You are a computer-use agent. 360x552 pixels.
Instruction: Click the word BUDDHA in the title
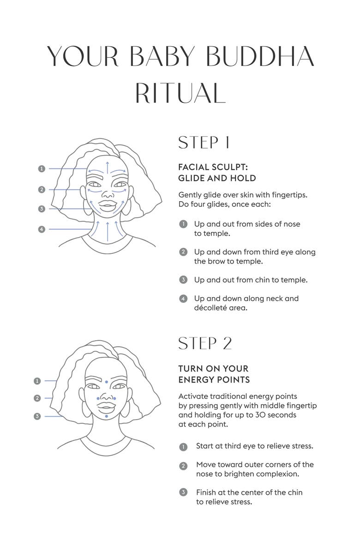(x=260, y=56)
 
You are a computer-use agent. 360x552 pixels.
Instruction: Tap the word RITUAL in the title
(x=180, y=93)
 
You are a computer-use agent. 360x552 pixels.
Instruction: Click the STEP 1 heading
(x=204, y=143)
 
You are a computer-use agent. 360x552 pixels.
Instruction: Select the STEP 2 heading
(x=205, y=343)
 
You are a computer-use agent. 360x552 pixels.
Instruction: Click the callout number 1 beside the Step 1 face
(x=42, y=168)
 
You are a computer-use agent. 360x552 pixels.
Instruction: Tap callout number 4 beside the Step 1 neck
(x=42, y=229)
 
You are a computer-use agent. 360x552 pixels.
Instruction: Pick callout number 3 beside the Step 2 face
(x=37, y=416)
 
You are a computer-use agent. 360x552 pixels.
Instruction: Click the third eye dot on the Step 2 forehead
(x=107, y=382)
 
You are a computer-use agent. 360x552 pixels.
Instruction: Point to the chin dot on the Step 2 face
(x=107, y=416)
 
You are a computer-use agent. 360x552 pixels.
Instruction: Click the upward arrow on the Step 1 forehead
(x=108, y=168)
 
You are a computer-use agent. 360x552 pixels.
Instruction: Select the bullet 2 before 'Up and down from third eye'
(x=183, y=252)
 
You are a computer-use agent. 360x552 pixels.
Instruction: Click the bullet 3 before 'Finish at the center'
(x=183, y=492)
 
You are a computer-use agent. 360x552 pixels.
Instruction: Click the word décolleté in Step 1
(x=210, y=308)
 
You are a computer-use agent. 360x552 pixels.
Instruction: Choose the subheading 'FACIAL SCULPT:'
(x=213, y=167)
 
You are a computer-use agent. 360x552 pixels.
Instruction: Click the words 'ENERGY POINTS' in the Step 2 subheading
(x=214, y=380)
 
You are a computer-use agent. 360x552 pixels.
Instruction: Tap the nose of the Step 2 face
(x=107, y=396)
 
